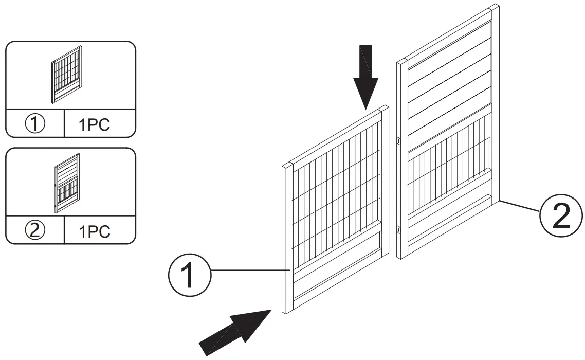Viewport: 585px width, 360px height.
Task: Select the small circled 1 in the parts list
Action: pyautogui.click(x=35, y=124)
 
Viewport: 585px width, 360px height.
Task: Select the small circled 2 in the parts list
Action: pyautogui.click(x=35, y=230)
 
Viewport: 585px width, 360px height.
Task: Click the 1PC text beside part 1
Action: pyautogui.click(x=95, y=125)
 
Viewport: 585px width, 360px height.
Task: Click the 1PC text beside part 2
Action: pyautogui.click(x=95, y=231)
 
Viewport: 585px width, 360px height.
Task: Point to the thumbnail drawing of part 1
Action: pyautogui.click(x=67, y=75)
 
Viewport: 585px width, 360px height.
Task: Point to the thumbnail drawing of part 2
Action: pyautogui.click(x=67, y=183)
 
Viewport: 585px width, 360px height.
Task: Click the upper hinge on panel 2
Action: pyautogui.click(x=399, y=139)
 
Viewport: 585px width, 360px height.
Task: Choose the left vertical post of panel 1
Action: pyautogui.click(x=287, y=237)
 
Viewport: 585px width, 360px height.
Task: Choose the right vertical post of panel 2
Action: pyautogui.click(x=495, y=103)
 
